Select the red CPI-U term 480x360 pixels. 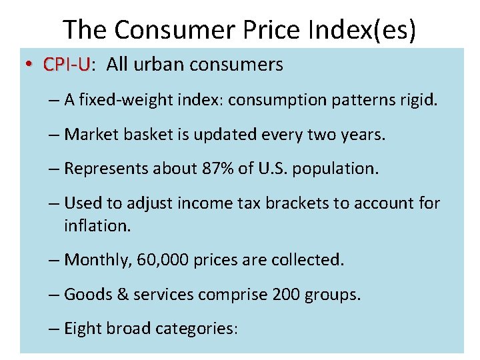pos(67,65)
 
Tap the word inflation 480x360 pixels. pos(97,226)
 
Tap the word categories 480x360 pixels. pos(196,329)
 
